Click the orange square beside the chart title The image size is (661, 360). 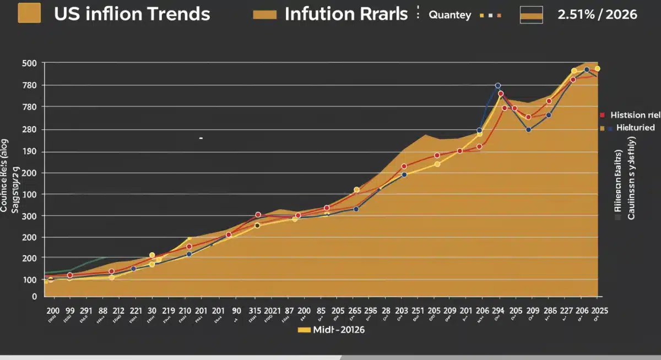coord(29,13)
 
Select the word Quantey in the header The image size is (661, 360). coord(450,15)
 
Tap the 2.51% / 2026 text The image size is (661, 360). coord(597,14)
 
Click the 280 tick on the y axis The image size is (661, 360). coord(29,129)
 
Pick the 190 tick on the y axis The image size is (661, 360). coord(29,152)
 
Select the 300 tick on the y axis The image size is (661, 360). coord(29,216)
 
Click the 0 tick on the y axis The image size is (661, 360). coord(34,296)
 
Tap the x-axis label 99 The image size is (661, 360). coord(70,310)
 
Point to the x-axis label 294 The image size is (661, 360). coord(497,310)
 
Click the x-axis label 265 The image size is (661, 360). coord(355,310)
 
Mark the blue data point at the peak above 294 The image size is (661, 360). coord(498,86)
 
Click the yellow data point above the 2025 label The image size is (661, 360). coord(597,69)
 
